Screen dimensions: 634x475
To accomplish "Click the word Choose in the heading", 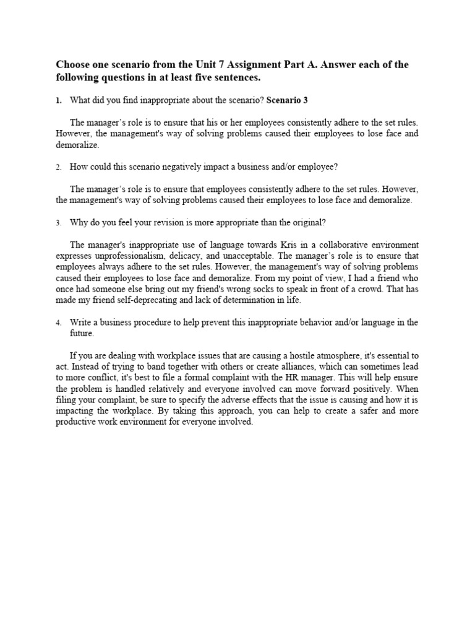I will point(73,65).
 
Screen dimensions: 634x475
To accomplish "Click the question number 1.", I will point(58,100).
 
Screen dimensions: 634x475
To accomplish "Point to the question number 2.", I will point(58,167).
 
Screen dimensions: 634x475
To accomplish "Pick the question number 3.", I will point(58,222).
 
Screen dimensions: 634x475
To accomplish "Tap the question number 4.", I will point(58,323).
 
